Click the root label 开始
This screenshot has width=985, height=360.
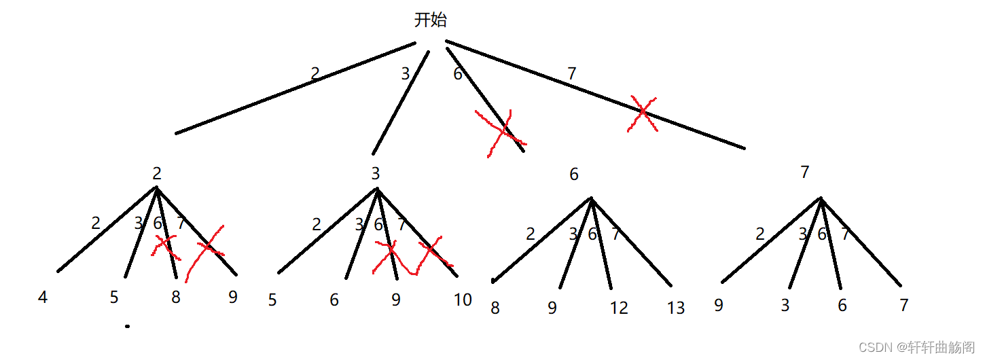[431, 20]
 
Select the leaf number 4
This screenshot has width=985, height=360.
[43, 298]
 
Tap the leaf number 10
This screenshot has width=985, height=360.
[463, 300]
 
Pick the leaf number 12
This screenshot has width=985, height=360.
[619, 308]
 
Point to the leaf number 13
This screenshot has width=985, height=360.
[675, 308]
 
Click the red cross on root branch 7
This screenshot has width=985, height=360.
[642, 113]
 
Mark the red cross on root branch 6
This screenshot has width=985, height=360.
[501, 132]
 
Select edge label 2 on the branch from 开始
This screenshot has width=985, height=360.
[315, 74]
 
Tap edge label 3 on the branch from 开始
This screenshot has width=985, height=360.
[406, 74]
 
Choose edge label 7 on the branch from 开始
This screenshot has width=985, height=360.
[572, 74]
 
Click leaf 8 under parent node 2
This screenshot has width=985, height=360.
[176, 298]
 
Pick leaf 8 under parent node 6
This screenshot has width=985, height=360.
[495, 308]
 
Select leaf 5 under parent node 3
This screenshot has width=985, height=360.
[272, 300]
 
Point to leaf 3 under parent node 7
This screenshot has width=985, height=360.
[785, 305]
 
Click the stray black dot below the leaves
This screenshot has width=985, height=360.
[127, 327]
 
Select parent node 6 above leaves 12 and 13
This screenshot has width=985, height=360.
[574, 175]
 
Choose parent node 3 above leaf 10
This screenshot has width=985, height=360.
[376, 173]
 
